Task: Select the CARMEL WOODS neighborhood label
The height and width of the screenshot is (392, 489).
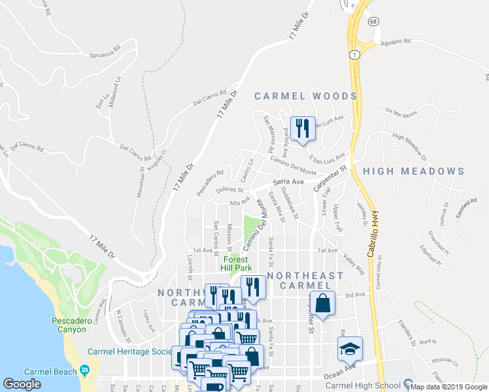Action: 306,96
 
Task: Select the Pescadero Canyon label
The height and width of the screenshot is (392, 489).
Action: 69,325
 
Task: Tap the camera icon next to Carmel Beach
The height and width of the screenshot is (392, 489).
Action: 85,370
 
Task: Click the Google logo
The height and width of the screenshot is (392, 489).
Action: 22,384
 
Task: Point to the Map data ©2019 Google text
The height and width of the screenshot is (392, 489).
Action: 448,387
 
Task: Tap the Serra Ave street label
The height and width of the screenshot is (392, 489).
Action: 289,181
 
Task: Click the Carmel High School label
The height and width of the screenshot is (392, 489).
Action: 375,384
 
